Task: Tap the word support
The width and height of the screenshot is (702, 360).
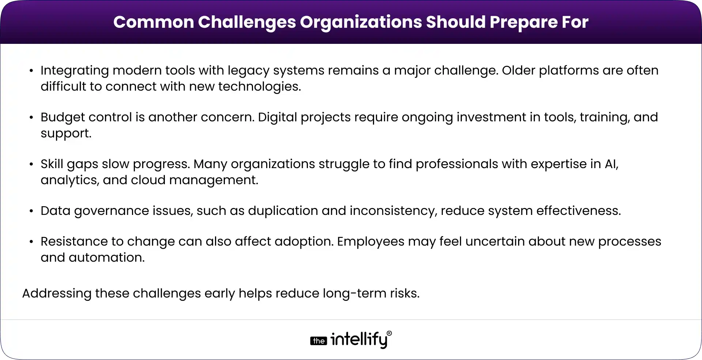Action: pyautogui.click(x=66, y=133)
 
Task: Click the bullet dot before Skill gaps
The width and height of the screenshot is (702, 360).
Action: pyautogui.click(x=31, y=164)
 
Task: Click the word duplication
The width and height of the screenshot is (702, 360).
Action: pyautogui.click(x=283, y=211)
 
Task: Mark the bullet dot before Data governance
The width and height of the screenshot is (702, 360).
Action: pyautogui.click(x=31, y=211)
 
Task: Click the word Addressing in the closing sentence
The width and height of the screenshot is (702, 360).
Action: pyautogui.click(x=56, y=293)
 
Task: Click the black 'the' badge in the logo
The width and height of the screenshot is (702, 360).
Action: pyautogui.click(x=318, y=341)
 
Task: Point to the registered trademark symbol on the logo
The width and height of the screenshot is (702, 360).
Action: pyautogui.click(x=389, y=333)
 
